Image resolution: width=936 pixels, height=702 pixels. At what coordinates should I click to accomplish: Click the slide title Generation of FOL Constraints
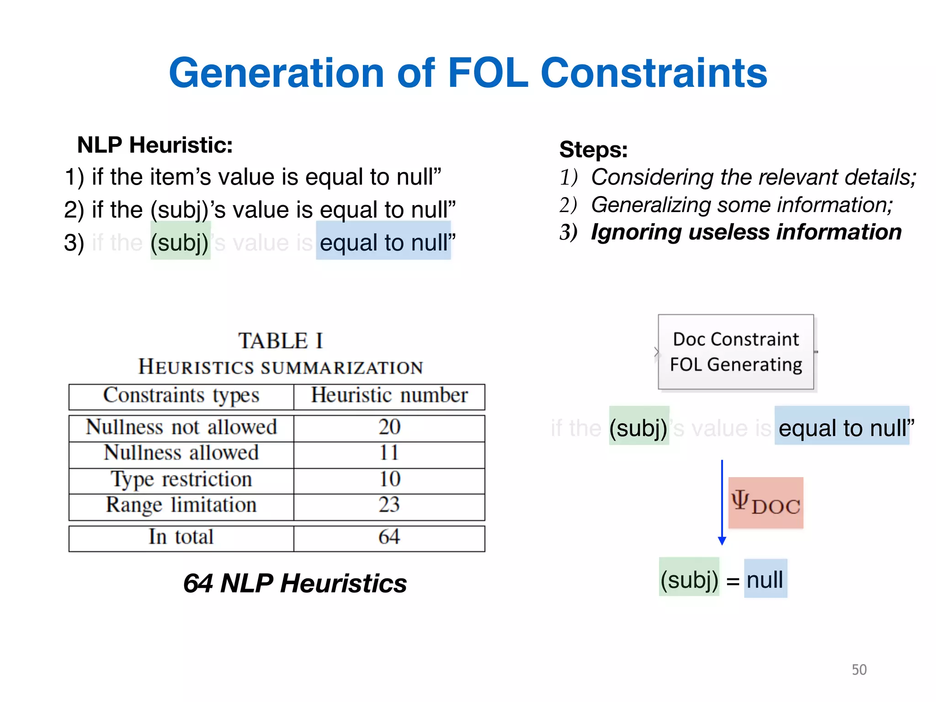pos(468,73)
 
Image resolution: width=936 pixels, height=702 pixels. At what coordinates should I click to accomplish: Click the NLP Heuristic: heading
pos(155,145)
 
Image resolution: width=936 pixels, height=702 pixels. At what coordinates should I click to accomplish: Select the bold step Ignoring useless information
pos(746,232)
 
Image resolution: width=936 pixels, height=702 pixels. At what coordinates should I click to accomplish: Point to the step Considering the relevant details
pos(753,177)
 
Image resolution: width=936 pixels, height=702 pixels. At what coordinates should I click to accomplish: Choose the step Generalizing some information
pos(741,205)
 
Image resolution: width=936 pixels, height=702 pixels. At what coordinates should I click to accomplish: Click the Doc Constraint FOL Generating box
pos(736,352)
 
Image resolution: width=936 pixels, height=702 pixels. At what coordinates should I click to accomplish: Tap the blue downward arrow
pos(722,503)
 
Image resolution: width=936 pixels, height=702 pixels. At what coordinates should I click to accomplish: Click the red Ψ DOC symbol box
pos(766,503)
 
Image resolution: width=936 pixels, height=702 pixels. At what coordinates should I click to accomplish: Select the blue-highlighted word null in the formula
pos(765,579)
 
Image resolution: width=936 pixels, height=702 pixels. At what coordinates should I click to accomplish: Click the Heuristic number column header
pos(389,396)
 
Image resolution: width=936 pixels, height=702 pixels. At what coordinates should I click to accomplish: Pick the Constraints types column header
pos(181,396)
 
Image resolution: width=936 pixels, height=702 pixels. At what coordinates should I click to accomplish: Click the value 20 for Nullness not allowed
pos(389,427)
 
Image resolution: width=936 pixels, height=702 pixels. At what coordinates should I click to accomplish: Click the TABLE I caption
pos(281,341)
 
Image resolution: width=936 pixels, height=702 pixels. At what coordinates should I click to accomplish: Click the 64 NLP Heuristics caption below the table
pos(295,584)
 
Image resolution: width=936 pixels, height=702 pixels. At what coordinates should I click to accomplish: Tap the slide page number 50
pos(859,670)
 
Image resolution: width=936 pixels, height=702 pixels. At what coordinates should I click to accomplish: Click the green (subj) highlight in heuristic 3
pos(180,242)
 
